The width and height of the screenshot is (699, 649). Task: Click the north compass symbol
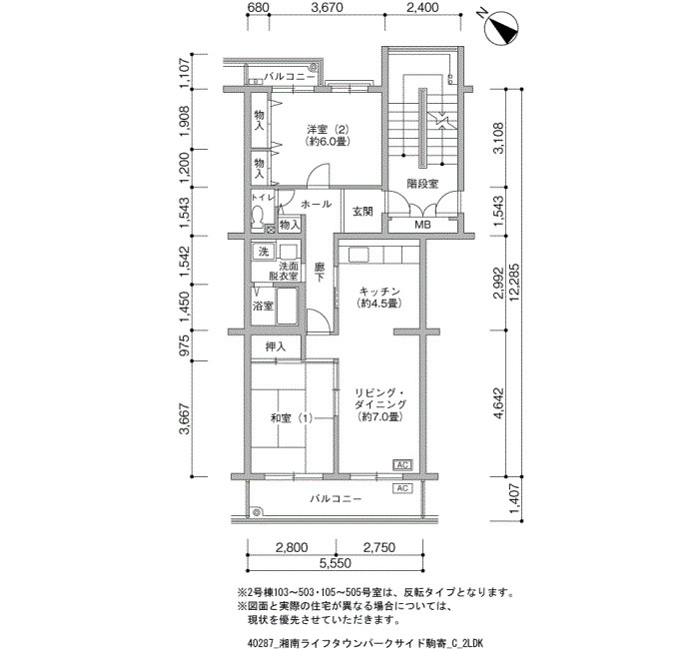coord(502,28)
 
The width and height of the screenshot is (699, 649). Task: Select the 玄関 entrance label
coord(362,212)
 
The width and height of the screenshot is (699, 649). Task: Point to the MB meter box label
coord(422,225)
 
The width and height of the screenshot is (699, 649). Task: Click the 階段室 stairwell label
coord(422,184)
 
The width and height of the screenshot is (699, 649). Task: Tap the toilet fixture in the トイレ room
coord(258,218)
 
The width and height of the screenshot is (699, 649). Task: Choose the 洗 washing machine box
coord(264,251)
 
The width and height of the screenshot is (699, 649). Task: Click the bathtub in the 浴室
coord(288,307)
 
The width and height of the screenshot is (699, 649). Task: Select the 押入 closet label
coord(276,346)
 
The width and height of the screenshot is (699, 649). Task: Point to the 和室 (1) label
coord(292,418)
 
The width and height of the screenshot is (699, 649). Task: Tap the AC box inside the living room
coord(402,465)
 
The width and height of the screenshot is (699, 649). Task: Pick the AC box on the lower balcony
coord(402,488)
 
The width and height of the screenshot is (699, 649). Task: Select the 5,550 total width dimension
coord(336,563)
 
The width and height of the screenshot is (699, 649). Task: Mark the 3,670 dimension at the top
coord(327,8)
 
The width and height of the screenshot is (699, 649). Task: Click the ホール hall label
coord(317,204)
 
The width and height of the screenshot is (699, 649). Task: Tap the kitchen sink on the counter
coord(358,255)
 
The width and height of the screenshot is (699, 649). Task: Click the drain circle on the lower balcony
coord(257,512)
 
